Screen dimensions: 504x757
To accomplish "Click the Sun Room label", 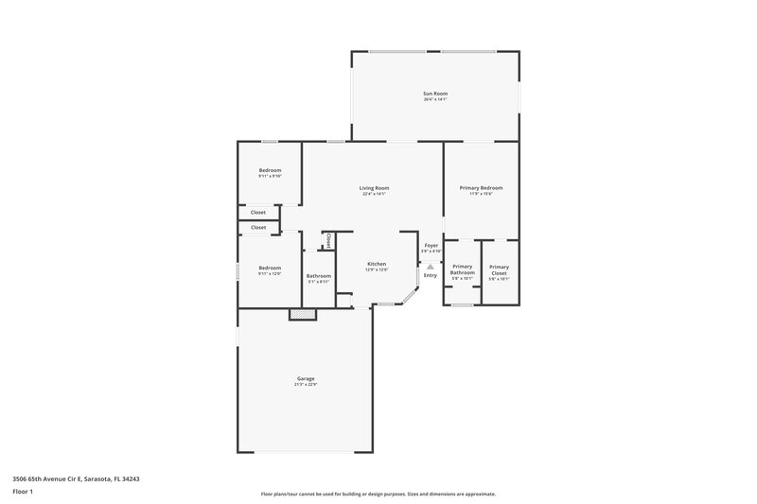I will tap(434, 93).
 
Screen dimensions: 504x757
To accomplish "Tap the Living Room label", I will tap(374, 187).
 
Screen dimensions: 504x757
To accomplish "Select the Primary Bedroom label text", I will tap(481, 187).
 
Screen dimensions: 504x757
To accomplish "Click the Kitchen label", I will tap(376, 264).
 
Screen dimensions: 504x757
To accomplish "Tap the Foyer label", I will tap(431, 245).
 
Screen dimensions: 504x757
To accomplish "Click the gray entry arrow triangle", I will tap(431, 267).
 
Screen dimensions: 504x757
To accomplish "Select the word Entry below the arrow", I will tap(431, 275).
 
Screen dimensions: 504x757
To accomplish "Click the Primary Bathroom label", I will tap(463, 269).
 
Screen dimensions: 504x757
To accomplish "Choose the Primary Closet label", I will tap(499, 269).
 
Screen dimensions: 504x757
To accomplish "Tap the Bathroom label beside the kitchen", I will tap(318, 276).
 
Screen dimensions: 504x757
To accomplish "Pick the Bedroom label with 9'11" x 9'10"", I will tap(270, 170).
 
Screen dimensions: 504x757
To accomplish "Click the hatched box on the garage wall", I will tap(301, 313).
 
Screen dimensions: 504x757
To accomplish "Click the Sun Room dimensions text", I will tap(434, 99).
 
